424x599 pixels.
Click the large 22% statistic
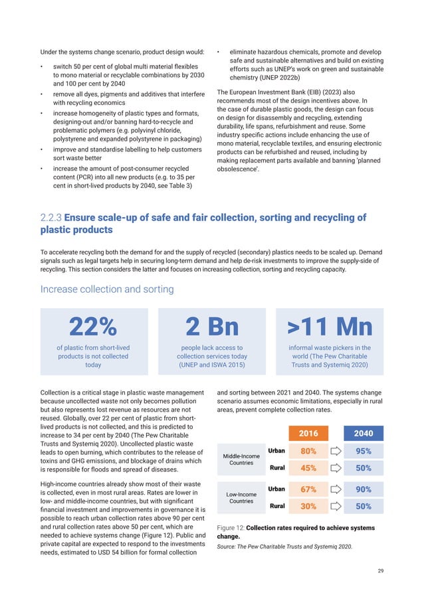point(93,327)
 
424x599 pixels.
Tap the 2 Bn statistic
point(212,327)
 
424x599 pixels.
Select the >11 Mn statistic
point(330,327)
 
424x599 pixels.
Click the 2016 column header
point(308,433)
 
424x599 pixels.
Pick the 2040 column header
point(364,433)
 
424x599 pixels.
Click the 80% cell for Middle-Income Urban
point(308,451)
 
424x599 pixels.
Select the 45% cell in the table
point(308,468)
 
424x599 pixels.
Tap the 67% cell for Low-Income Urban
point(308,489)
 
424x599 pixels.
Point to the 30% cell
point(308,506)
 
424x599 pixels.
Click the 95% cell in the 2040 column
point(364,451)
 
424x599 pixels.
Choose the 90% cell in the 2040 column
point(364,489)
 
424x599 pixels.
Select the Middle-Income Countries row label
point(241,459)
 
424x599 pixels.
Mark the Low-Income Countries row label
point(241,497)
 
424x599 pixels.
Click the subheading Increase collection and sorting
point(108,289)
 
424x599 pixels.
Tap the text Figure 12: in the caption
point(231,528)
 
